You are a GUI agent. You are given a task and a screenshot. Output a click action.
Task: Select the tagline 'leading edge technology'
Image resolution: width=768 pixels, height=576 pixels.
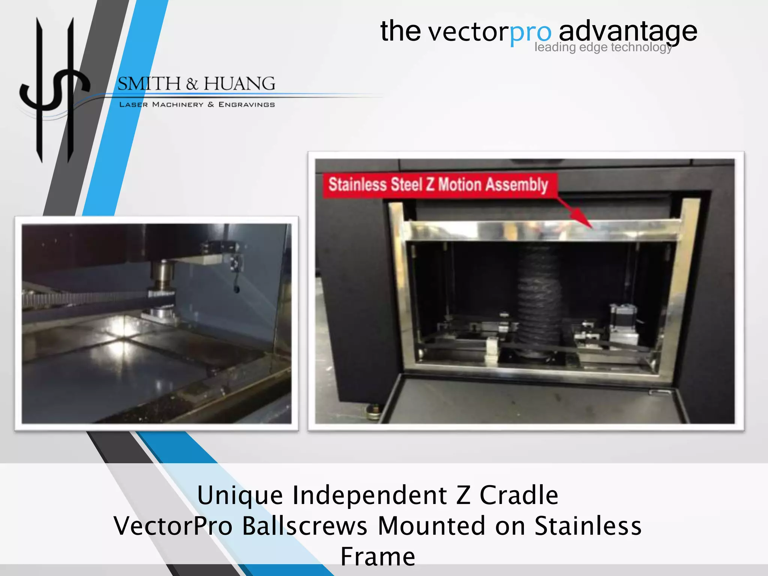pyautogui.click(x=603, y=47)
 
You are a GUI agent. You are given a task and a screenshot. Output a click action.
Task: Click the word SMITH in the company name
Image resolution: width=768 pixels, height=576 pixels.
pyautogui.click(x=149, y=83)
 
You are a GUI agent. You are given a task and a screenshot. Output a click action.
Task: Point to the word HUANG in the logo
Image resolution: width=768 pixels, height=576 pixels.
pyautogui.click(x=239, y=83)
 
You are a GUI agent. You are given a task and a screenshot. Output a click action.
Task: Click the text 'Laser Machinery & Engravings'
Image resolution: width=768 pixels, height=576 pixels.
pyautogui.click(x=197, y=105)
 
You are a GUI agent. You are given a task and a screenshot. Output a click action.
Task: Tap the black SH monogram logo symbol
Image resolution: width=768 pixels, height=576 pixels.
pyautogui.click(x=54, y=90)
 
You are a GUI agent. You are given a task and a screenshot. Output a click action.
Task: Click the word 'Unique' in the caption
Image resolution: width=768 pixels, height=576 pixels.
pyautogui.click(x=240, y=496)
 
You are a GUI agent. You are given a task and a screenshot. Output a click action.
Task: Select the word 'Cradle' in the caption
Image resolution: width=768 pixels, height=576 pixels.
pyautogui.click(x=519, y=496)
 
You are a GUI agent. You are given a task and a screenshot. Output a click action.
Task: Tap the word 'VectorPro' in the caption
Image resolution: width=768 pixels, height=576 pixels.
pyautogui.click(x=173, y=526)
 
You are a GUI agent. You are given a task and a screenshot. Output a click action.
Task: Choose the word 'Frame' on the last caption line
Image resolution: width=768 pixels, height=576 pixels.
pyautogui.click(x=378, y=556)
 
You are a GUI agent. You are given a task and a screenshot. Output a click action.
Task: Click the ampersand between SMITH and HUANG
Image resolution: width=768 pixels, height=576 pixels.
pyautogui.click(x=192, y=84)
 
